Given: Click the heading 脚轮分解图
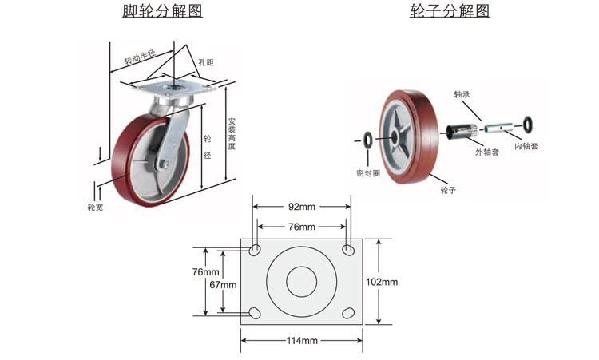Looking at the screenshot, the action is [162, 10].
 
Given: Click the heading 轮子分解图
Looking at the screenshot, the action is [450, 10].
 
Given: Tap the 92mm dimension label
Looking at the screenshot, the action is [302, 207].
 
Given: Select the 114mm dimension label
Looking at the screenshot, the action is [302, 341].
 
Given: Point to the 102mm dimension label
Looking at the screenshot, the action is [382, 282].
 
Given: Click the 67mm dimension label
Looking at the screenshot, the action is [223, 284].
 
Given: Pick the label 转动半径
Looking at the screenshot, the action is [140, 57].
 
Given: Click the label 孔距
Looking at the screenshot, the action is [206, 62].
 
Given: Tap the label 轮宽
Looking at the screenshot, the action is [95, 208].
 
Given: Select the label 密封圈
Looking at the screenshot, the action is [368, 173].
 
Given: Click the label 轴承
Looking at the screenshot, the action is [462, 94].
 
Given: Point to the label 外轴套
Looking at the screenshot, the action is [487, 152].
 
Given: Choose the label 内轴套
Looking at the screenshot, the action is [526, 146].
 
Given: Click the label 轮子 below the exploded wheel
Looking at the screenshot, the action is [448, 190].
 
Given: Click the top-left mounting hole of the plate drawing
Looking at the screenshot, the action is [255, 251].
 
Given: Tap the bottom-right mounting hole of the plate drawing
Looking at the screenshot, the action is [348, 314].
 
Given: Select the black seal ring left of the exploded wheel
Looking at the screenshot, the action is [368, 140].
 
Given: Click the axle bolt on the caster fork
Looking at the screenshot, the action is [164, 164].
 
